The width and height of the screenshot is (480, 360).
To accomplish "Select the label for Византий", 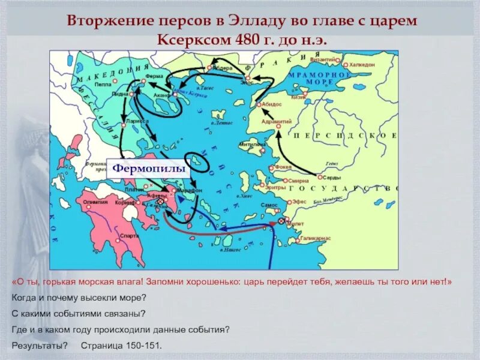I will [322, 59].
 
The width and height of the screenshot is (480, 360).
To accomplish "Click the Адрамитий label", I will [278, 122].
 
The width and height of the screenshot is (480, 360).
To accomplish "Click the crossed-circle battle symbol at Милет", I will [281, 221].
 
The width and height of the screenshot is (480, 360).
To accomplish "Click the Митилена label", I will [251, 145].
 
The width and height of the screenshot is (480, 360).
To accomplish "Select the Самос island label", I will [268, 205].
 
